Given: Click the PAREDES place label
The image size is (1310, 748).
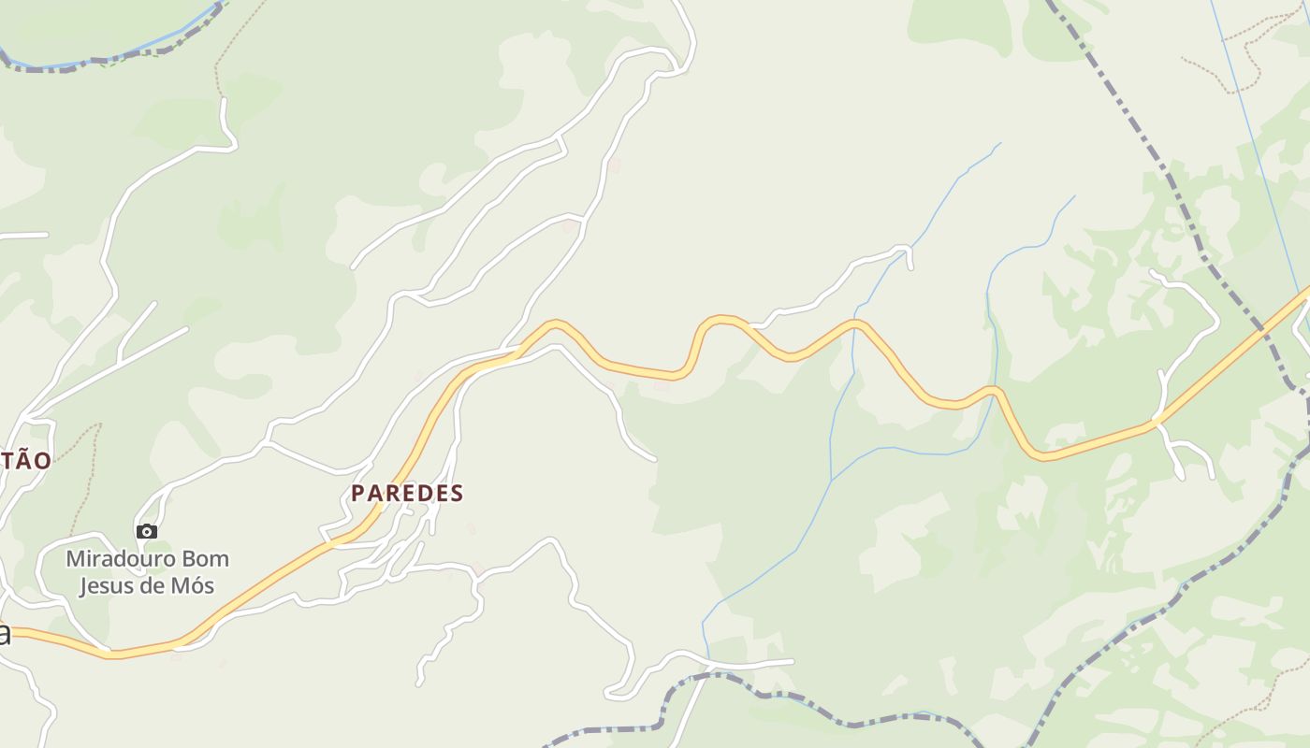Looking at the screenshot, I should [x=407, y=493].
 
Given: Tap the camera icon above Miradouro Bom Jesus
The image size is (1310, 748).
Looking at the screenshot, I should [x=147, y=531].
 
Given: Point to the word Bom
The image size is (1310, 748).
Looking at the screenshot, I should [x=205, y=559].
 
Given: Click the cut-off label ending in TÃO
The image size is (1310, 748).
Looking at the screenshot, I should [x=25, y=459].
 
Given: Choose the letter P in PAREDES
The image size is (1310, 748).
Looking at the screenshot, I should [x=357, y=493].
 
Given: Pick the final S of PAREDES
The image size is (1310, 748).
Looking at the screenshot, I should [x=457, y=493].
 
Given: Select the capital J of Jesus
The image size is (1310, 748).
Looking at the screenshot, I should [x=82, y=586].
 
